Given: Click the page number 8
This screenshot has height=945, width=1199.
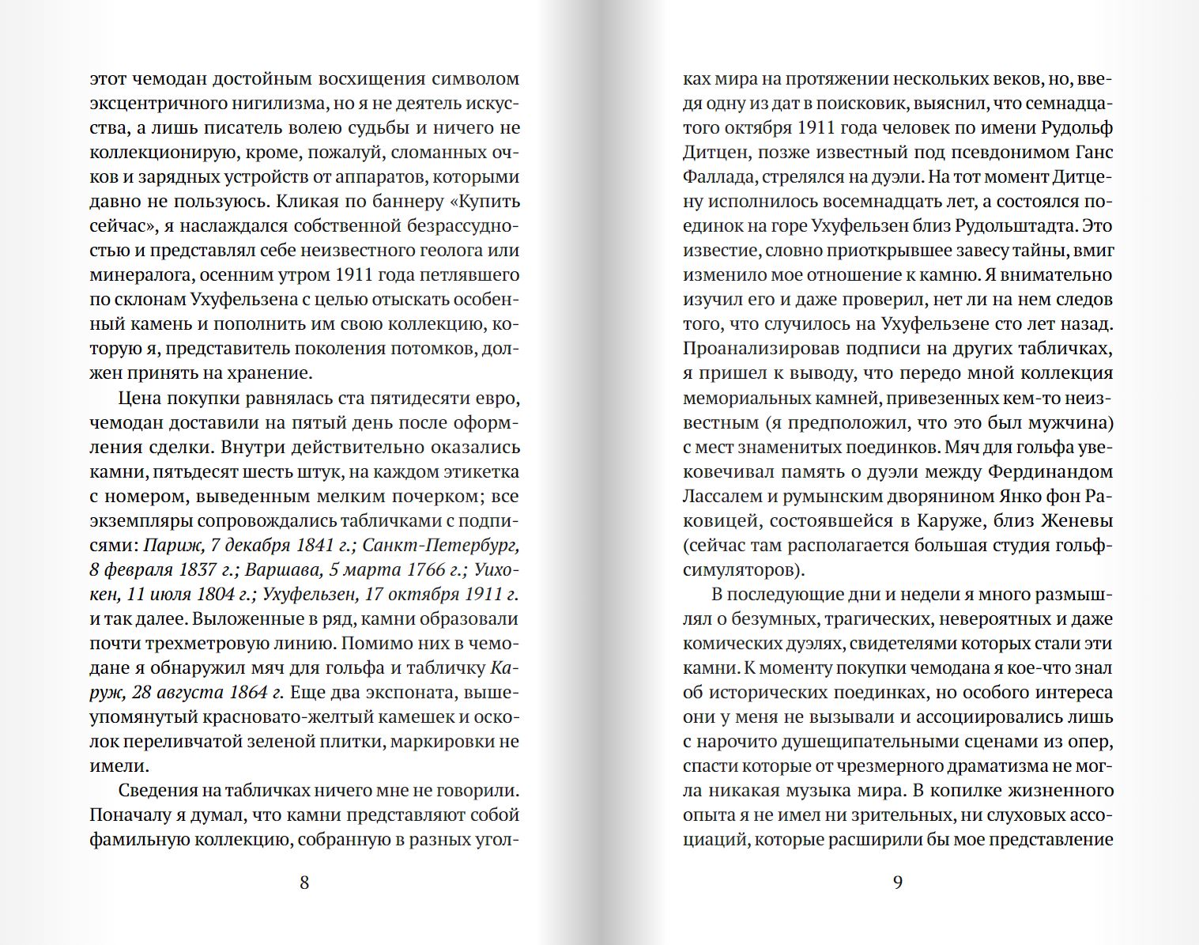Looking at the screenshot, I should click(x=304, y=883).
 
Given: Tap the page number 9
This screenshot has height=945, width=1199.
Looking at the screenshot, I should click(x=897, y=883).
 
